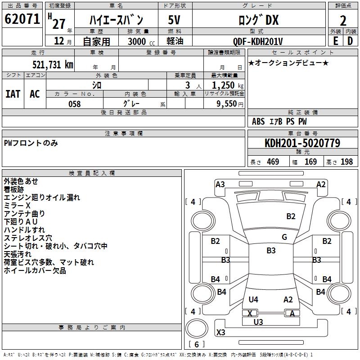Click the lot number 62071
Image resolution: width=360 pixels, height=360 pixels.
pyautogui.click(x=22, y=19)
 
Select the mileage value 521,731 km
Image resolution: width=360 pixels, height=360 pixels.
pyautogui.click(x=53, y=65)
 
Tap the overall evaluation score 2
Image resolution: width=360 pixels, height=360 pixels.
pyautogui.click(x=343, y=21)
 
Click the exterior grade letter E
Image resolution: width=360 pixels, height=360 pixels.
pyautogui.click(x=336, y=41)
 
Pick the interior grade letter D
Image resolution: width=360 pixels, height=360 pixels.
pyautogui.click(x=350, y=41)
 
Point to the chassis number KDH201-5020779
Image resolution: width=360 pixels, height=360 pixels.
pyautogui.click(x=302, y=143)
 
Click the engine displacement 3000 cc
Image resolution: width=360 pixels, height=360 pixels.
pyautogui.click(x=141, y=41)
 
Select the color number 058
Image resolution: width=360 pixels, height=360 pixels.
pyautogui.click(x=75, y=104)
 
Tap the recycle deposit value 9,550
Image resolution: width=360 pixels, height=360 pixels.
pyautogui.click(x=227, y=104)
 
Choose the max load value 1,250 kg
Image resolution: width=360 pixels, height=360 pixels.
pyautogui.click(x=228, y=85)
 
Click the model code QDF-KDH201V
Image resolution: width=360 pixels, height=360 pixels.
pyautogui.click(x=258, y=41)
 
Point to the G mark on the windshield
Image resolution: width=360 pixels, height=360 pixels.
pyautogui.click(x=284, y=237)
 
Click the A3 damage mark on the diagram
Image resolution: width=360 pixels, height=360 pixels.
pyautogui.click(x=220, y=184)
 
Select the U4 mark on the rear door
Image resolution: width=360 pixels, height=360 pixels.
pyautogui.click(x=253, y=299)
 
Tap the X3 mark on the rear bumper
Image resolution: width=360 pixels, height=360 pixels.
pyautogui.click(x=220, y=332)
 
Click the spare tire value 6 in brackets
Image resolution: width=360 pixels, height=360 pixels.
pyautogui.click(x=197, y=344)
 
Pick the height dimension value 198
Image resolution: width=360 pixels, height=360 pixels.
pyautogui.click(x=346, y=162)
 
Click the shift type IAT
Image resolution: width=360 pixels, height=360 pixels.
pyautogui.click(x=13, y=94)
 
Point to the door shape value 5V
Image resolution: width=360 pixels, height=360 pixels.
pyautogui.click(x=174, y=20)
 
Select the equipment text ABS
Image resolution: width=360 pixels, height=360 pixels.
pyautogui.click(x=258, y=121)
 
